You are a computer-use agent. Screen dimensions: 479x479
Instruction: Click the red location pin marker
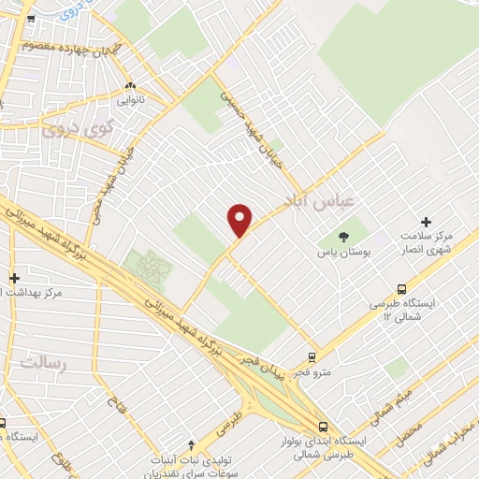click(x=240, y=219)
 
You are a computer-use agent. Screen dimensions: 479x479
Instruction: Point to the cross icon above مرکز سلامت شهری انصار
click(x=426, y=222)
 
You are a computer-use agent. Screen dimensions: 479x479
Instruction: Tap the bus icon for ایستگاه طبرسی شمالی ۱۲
click(x=402, y=289)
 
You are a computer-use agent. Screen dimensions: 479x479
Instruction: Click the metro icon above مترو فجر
click(x=312, y=356)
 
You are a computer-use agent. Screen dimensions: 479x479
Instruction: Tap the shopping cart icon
click(x=30, y=18)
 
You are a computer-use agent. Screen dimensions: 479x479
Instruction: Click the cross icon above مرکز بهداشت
click(x=14, y=278)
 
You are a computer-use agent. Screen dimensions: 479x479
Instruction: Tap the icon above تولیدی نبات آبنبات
click(x=192, y=443)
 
